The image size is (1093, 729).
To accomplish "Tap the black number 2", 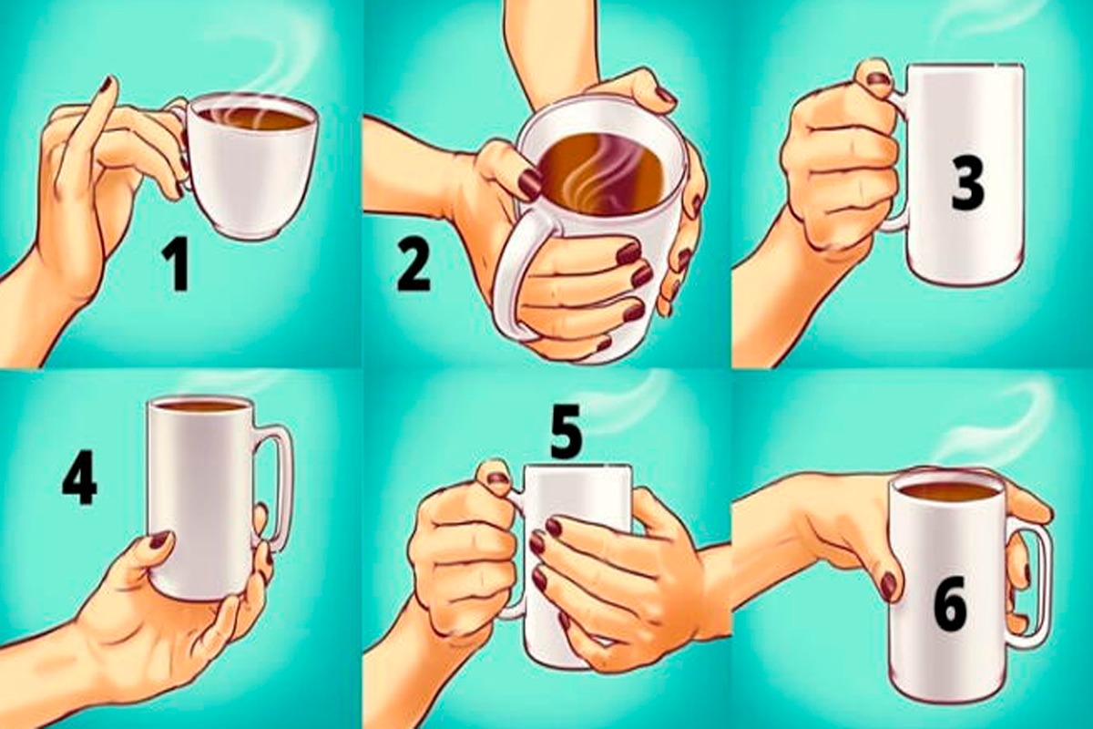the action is pyautogui.click(x=414, y=266).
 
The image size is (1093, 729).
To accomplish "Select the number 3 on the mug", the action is pyautogui.click(x=968, y=188).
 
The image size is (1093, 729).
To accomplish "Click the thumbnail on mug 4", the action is pyautogui.click(x=161, y=540).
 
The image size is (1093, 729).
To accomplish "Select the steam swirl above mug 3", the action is pyautogui.click(x=971, y=25).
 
